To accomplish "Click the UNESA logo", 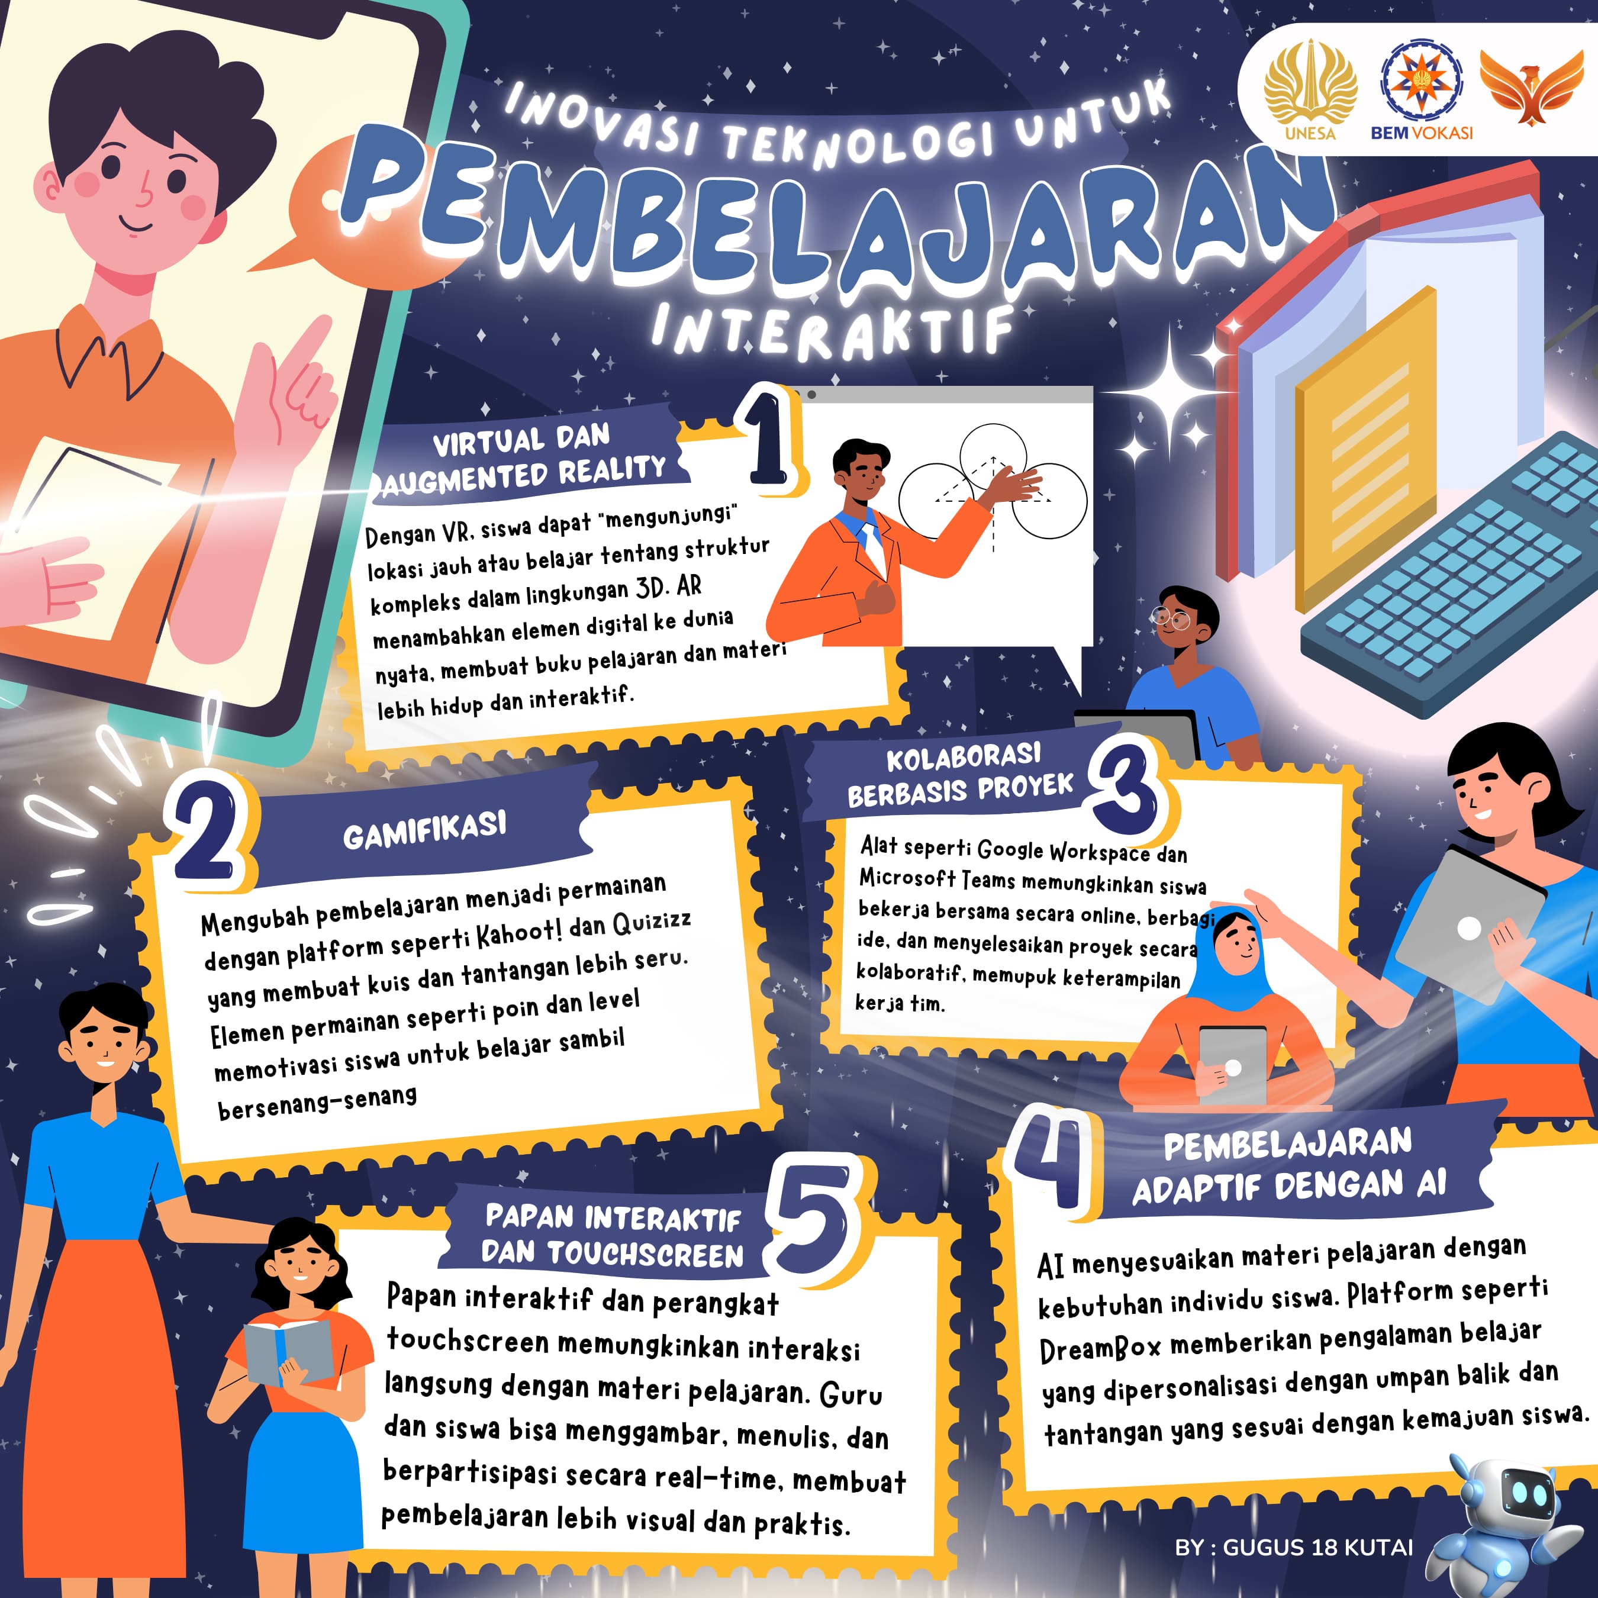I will [x=1310, y=89].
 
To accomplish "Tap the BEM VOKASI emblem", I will [x=1422, y=89].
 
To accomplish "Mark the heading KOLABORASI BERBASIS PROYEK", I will [x=962, y=774].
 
